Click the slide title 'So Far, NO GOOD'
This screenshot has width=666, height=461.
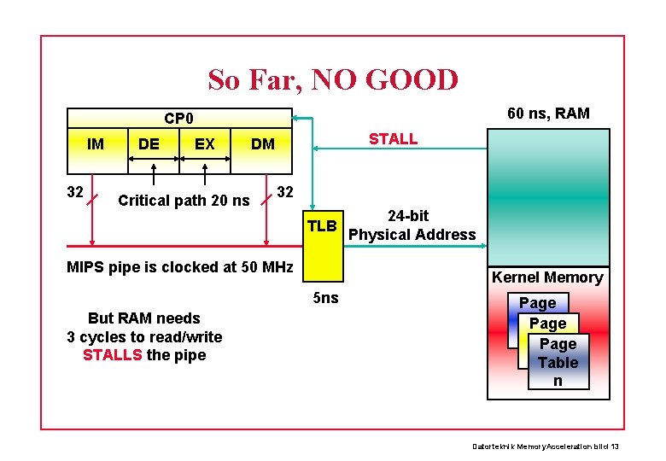coord(333,80)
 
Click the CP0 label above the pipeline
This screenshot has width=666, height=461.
coord(178,118)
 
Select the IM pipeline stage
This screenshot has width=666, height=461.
coord(96,143)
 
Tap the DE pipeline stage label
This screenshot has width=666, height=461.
coord(149,143)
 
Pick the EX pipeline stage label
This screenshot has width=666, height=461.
coord(205,143)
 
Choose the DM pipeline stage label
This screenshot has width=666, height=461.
coord(263,143)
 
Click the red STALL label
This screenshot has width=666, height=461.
coord(393,138)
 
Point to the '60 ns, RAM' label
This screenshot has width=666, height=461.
coord(548,114)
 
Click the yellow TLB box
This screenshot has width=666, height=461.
coord(323,248)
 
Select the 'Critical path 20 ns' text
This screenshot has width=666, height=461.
coord(184,201)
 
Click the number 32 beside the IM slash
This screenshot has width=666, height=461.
coord(75,192)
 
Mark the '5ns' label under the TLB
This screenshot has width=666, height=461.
coord(325,298)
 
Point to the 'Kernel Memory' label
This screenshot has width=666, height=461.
coord(547,277)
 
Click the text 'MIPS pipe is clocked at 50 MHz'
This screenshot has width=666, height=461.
coord(179,266)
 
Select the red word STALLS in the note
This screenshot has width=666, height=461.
coord(112,355)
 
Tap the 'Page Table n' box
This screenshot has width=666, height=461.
coord(558,362)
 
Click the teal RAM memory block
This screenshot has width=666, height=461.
coord(548,196)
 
